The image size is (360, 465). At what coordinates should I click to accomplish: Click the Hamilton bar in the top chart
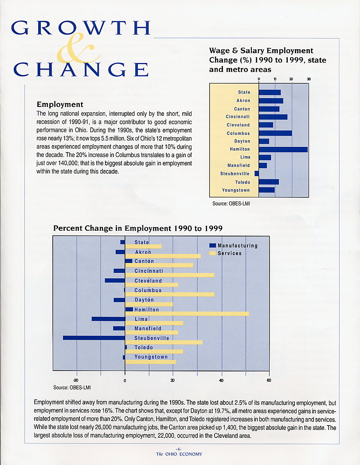283,150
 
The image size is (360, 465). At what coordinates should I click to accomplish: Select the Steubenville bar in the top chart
257,173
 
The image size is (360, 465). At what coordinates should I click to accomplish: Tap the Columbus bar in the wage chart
275,133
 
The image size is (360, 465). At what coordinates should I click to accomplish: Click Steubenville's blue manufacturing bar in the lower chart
94,338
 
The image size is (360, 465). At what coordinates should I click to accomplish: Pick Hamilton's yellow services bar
187,314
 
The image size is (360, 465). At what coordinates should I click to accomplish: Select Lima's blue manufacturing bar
109,319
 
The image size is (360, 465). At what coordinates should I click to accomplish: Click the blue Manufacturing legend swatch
212,245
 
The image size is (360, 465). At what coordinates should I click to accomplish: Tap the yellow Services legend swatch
212,253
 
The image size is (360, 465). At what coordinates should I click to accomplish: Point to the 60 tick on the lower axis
269,380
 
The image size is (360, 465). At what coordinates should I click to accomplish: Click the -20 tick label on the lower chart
76,381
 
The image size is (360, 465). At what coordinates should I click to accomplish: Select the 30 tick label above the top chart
309,79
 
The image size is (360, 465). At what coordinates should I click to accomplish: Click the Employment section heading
60,104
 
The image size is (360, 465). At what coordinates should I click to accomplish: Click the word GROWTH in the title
81,28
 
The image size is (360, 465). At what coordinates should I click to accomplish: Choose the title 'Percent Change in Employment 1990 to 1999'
138,228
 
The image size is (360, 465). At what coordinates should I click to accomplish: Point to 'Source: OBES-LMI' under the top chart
231,204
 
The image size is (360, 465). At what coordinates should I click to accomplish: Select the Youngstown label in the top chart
236,190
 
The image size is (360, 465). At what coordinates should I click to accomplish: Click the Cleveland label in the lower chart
148,280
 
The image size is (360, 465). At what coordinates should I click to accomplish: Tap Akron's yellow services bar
163,256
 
